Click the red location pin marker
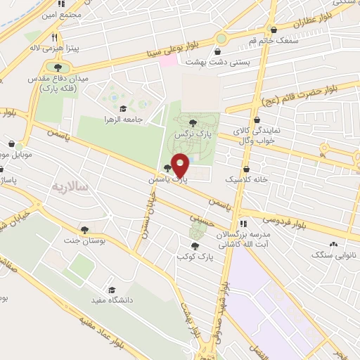coord(180,166)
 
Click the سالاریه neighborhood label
coord(70,187)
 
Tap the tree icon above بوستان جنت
coord(84,230)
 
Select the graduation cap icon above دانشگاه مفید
coord(111,290)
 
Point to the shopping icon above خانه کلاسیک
coord(245,169)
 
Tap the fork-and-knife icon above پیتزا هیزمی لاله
coord(53,37)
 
